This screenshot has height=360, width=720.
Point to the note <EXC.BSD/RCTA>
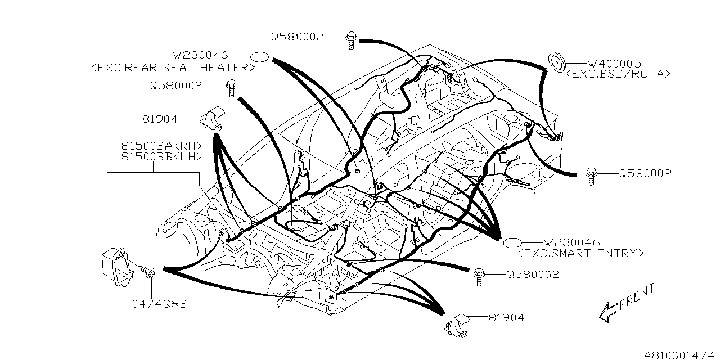[618, 74]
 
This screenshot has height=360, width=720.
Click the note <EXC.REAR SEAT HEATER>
[173, 67]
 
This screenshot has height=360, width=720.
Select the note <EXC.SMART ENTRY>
[580, 253]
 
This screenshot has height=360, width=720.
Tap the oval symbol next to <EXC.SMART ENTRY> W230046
[512, 243]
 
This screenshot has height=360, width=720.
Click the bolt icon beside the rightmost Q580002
[591, 175]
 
